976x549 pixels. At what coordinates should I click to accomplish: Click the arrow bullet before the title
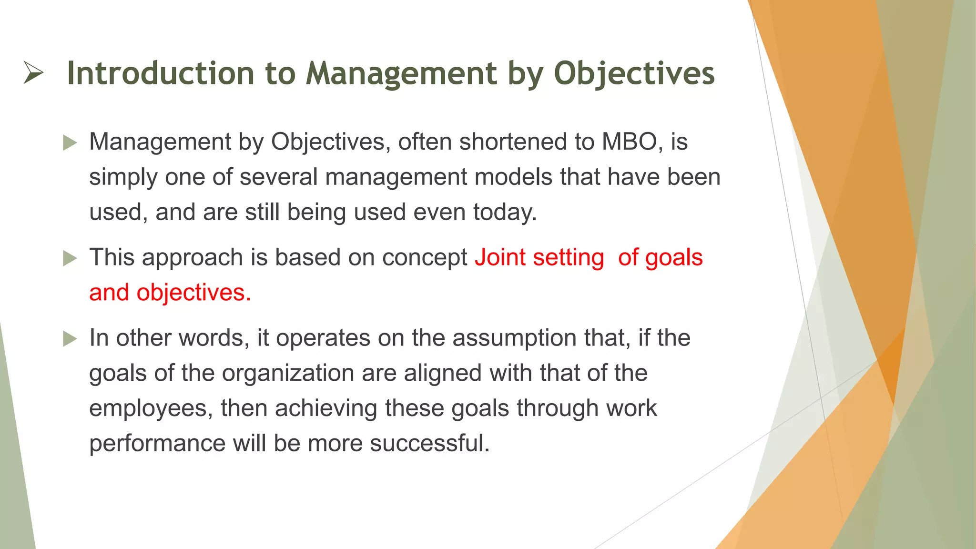(x=33, y=73)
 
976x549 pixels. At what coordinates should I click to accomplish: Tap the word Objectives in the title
(x=634, y=73)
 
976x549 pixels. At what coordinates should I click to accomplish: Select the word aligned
(x=443, y=373)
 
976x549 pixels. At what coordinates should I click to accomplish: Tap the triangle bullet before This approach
(x=70, y=258)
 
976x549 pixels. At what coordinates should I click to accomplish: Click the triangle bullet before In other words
(x=70, y=339)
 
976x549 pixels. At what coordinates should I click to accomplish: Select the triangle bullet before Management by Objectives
(x=70, y=142)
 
